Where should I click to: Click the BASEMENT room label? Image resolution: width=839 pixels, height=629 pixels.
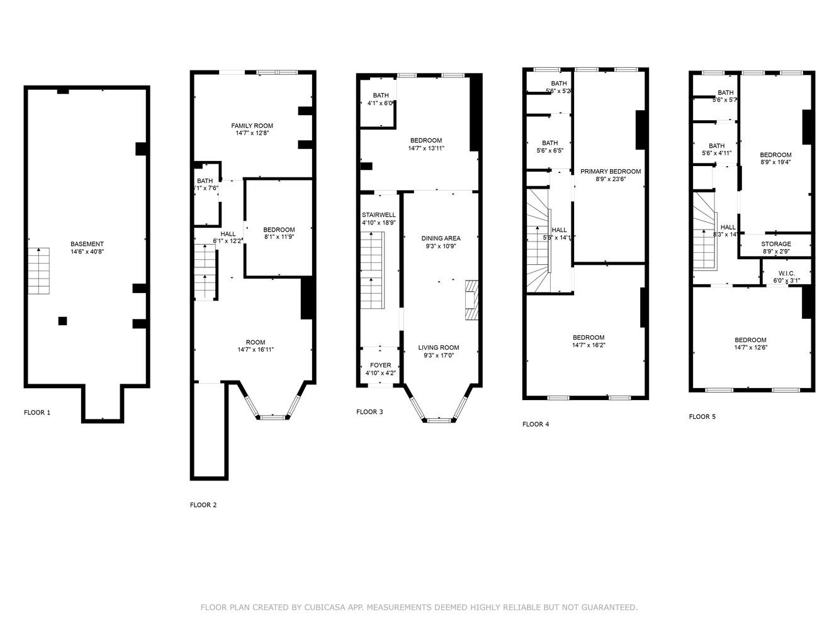point(87,244)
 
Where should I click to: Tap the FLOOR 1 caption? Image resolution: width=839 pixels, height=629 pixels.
point(37,413)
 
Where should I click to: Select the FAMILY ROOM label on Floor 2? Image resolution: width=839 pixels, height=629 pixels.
point(252,126)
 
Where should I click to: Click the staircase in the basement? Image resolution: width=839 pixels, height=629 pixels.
point(39,271)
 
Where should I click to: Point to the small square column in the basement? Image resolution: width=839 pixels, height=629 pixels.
point(62,321)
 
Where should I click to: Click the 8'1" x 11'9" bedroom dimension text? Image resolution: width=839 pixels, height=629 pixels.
point(279,237)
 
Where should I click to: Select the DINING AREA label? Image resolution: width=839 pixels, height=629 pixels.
point(441,238)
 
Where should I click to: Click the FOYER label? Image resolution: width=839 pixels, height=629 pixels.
point(380,365)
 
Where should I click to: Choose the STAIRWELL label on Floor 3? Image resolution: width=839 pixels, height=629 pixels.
point(379,214)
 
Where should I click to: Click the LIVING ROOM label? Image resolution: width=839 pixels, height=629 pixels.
point(439,348)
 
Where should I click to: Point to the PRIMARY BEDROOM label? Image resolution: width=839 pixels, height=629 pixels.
point(610,172)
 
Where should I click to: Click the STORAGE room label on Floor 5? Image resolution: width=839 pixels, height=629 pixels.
point(775,244)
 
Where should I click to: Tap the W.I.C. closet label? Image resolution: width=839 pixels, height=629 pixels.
point(786,274)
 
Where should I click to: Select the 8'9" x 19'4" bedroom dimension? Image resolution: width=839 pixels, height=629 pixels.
point(775,162)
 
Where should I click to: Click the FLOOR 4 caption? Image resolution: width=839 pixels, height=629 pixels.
point(536,425)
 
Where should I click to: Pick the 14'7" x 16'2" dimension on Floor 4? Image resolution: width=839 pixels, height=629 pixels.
point(588,345)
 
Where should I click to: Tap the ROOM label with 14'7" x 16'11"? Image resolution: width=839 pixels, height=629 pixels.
point(256,343)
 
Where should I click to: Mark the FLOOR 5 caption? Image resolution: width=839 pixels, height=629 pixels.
point(702,417)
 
